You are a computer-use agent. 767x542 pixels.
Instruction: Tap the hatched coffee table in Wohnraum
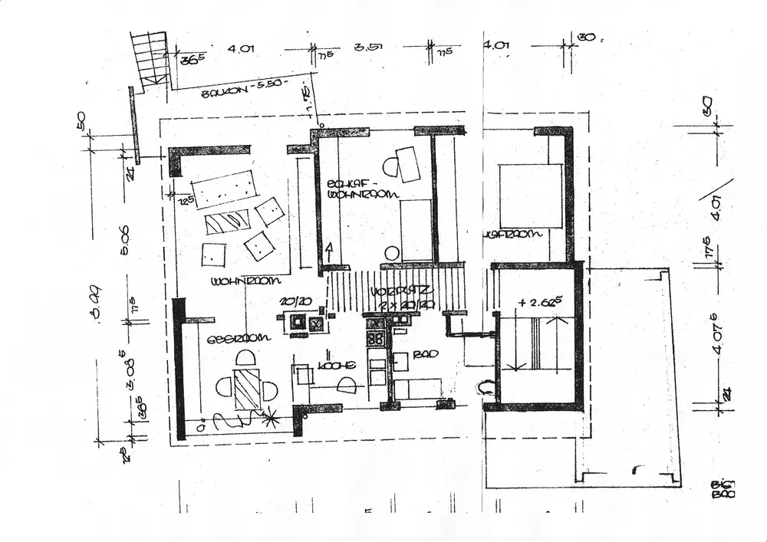[229, 222]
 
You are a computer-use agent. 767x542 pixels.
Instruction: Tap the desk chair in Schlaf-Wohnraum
[390, 165]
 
